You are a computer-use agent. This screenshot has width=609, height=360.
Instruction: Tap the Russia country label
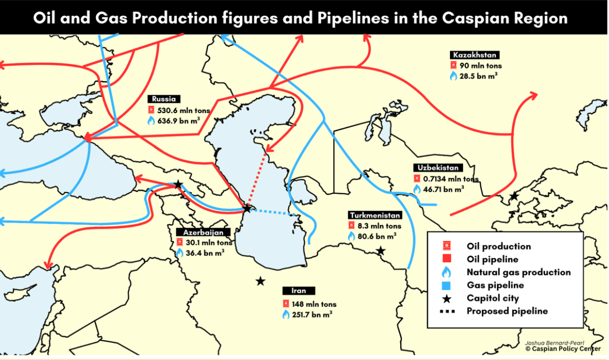coord(164,99)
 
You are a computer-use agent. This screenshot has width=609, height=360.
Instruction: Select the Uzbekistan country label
coord(438,168)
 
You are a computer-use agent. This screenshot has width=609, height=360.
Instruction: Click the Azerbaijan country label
coord(203,232)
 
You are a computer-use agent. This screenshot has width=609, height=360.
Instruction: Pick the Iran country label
coord(299,291)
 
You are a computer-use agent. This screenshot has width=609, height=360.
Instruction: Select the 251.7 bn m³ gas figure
coord(312,315)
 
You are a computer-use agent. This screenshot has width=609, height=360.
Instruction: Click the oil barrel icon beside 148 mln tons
coord(286,304)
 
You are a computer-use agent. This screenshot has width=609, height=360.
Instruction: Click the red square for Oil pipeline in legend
coord(446,259)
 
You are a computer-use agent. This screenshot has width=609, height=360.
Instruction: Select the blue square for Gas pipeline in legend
coord(446,285)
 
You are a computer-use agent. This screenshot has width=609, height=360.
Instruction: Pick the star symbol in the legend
coord(446,298)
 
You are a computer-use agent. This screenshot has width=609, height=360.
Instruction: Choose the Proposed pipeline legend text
coord(507,311)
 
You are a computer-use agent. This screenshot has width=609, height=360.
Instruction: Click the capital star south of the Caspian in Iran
coord(260,281)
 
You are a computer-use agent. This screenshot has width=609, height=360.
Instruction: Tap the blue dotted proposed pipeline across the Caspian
coord(274,213)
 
